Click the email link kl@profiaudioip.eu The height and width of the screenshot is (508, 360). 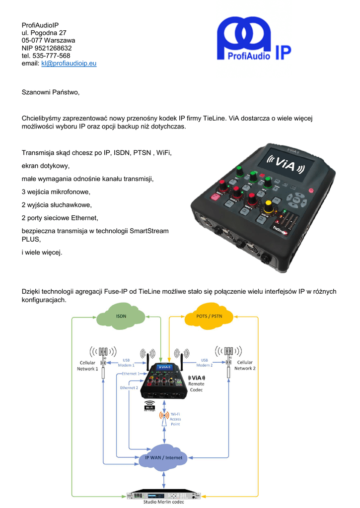point(69,64)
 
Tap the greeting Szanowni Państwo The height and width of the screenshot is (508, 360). point(50,92)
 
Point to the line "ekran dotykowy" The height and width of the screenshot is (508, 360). point(46,166)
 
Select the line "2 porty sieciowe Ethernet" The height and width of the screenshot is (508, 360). point(60,217)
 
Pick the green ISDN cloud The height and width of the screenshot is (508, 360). point(121,316)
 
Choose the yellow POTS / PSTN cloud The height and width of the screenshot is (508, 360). point(209,316)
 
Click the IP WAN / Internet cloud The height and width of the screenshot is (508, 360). point(163,457)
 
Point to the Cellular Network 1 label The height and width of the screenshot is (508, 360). point(87,366)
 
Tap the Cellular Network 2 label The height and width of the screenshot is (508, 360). point(245,366)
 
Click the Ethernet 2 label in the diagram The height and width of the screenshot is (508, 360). point(129,387)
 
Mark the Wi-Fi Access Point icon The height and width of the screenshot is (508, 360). point(164,419)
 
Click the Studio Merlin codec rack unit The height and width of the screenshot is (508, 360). point(164,495)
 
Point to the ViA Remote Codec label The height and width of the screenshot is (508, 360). point(196,383)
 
